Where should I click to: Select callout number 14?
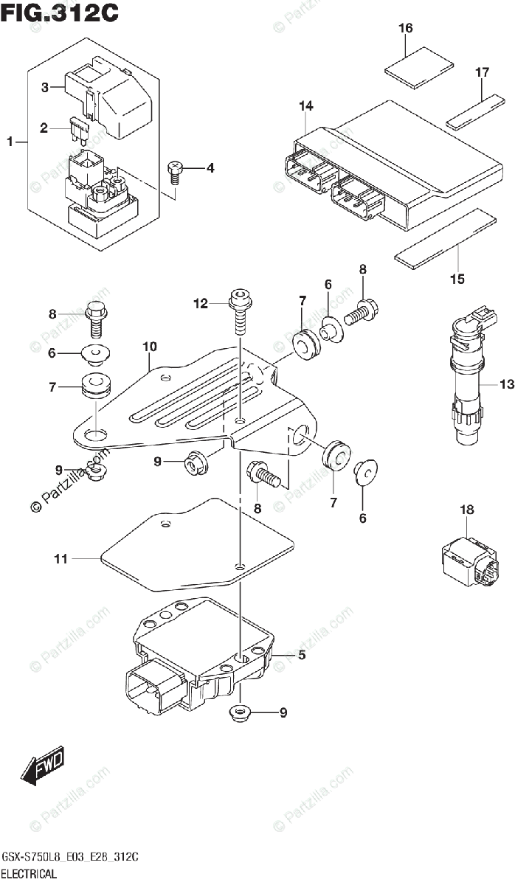coord(306,106)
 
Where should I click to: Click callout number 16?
coord(406,29)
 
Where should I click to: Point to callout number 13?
coord(506,384)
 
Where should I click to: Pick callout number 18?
coord(467,510)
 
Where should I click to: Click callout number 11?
coord(61,559)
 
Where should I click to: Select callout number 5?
coord(301,654)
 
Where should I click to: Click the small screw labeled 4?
coord(176,170)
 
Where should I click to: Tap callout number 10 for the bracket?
coord(150,345)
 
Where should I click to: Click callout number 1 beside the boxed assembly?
coord(10,140)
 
